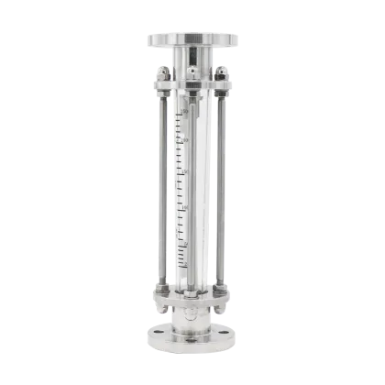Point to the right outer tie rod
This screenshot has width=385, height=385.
click(221, 183)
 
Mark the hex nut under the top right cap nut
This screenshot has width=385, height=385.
click(220, 87)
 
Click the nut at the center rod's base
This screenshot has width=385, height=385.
click(192, 295)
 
